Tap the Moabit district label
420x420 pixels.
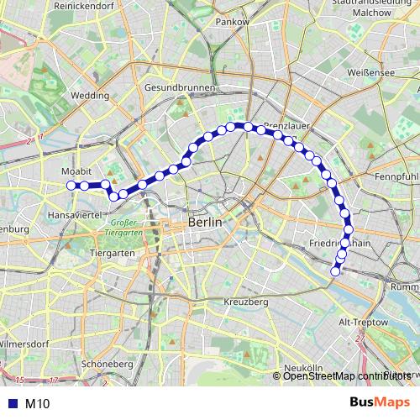point(77,171)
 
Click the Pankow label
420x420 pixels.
point(233,20)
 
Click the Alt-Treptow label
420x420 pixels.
point(362,322)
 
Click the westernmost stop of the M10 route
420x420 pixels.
point(71,185)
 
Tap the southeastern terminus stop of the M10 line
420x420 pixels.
point(336,270)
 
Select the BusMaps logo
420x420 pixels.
point(379,403)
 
